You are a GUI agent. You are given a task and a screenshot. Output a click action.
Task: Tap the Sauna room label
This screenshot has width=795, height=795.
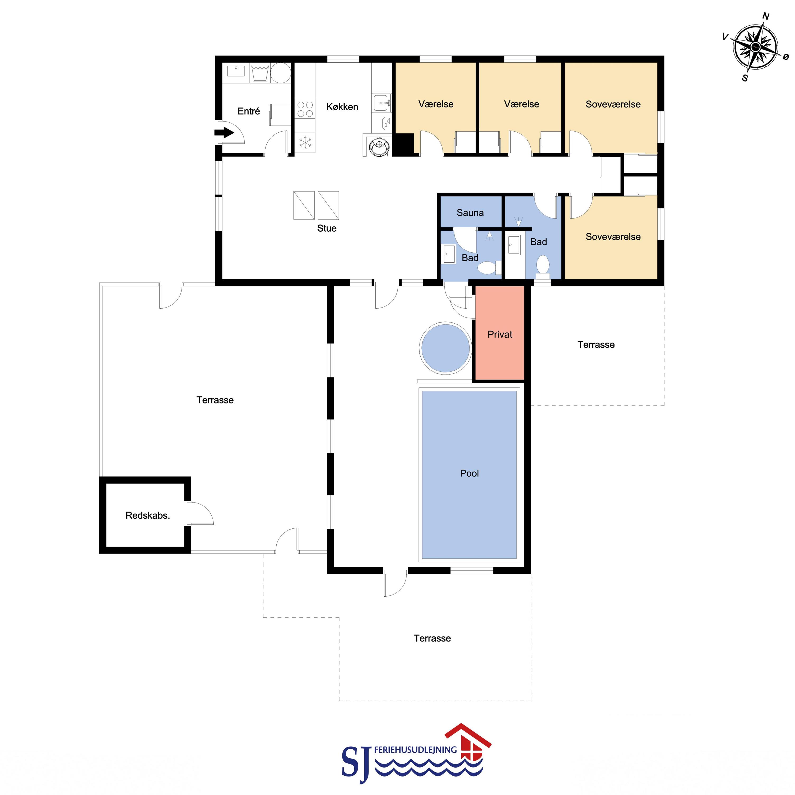(x=470, y=213)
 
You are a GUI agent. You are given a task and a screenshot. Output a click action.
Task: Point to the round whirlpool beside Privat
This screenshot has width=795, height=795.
(x=445, y=348)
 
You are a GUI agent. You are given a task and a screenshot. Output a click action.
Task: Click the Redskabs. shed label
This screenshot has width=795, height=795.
(x=148, y=515)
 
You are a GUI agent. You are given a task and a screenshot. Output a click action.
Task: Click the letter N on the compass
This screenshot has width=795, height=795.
(x=766, y=16)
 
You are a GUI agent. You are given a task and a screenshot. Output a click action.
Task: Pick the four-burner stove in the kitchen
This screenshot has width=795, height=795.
(x=305, y=109)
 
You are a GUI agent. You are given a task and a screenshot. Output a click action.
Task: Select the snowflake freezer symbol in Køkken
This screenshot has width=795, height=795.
(x=305, y=143)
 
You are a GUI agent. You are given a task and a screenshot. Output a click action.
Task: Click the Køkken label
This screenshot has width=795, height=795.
(x=342, y=107)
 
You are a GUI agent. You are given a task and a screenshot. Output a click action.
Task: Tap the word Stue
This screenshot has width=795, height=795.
(x=327, y=228)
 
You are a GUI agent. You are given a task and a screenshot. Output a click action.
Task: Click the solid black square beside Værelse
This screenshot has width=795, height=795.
(x=404, y=145)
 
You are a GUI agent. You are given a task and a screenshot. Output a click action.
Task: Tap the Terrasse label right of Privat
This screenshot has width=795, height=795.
(x=596, y=345)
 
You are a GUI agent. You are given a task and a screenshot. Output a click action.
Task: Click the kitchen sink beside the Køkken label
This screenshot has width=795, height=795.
(x=382, y=103)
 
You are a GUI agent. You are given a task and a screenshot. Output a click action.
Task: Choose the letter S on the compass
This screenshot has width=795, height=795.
(x=745, y=78)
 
